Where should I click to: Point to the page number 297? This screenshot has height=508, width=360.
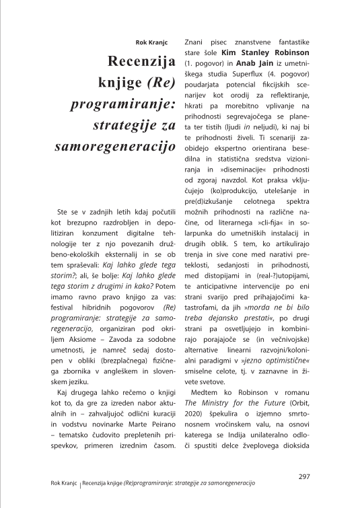tap(303, 476)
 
